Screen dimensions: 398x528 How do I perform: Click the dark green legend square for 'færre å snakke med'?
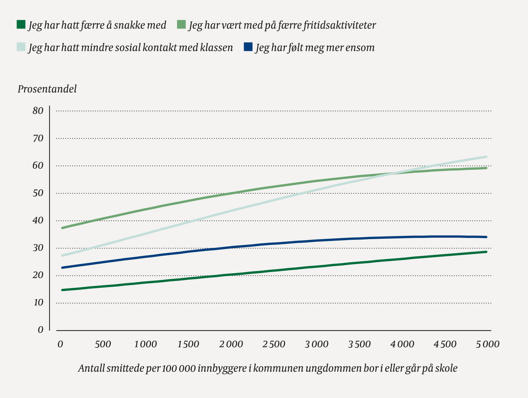coord(21,25)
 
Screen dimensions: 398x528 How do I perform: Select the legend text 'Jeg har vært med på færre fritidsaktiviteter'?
coord(282,25)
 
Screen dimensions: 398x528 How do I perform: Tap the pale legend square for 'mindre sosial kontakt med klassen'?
coord(21,47)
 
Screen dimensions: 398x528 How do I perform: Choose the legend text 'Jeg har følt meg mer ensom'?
coord(315,48)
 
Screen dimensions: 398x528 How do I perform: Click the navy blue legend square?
coord(248,47)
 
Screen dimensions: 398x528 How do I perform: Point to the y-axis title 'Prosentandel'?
coord(47,89)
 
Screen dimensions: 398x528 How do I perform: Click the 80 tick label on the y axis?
coord(38,111)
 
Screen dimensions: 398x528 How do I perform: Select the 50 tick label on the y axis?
coord(38,193)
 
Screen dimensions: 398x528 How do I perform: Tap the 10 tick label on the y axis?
coord(38,302)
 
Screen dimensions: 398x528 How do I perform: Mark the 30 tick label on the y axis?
coord(38,248)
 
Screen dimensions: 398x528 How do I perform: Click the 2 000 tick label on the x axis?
coord(231,344)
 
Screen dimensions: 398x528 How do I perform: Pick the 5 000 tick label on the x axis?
coord(488,344)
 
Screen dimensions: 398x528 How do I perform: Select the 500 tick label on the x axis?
coord(103,344)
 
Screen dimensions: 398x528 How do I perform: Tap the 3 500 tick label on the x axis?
coord(359,344)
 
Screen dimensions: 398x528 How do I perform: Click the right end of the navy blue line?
coord(486,237)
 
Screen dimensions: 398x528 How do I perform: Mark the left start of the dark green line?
coord(63,290)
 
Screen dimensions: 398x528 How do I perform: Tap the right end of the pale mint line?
coord(486,157)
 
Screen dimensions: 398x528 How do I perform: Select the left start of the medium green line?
coord(63,228)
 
